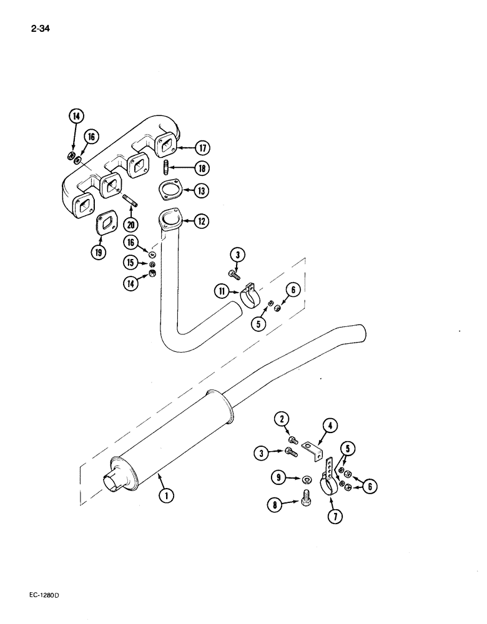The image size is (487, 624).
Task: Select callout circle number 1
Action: point(165,496)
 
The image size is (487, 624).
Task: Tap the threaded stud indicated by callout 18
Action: point(167,168)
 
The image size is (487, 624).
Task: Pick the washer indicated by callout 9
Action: point(307,479)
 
